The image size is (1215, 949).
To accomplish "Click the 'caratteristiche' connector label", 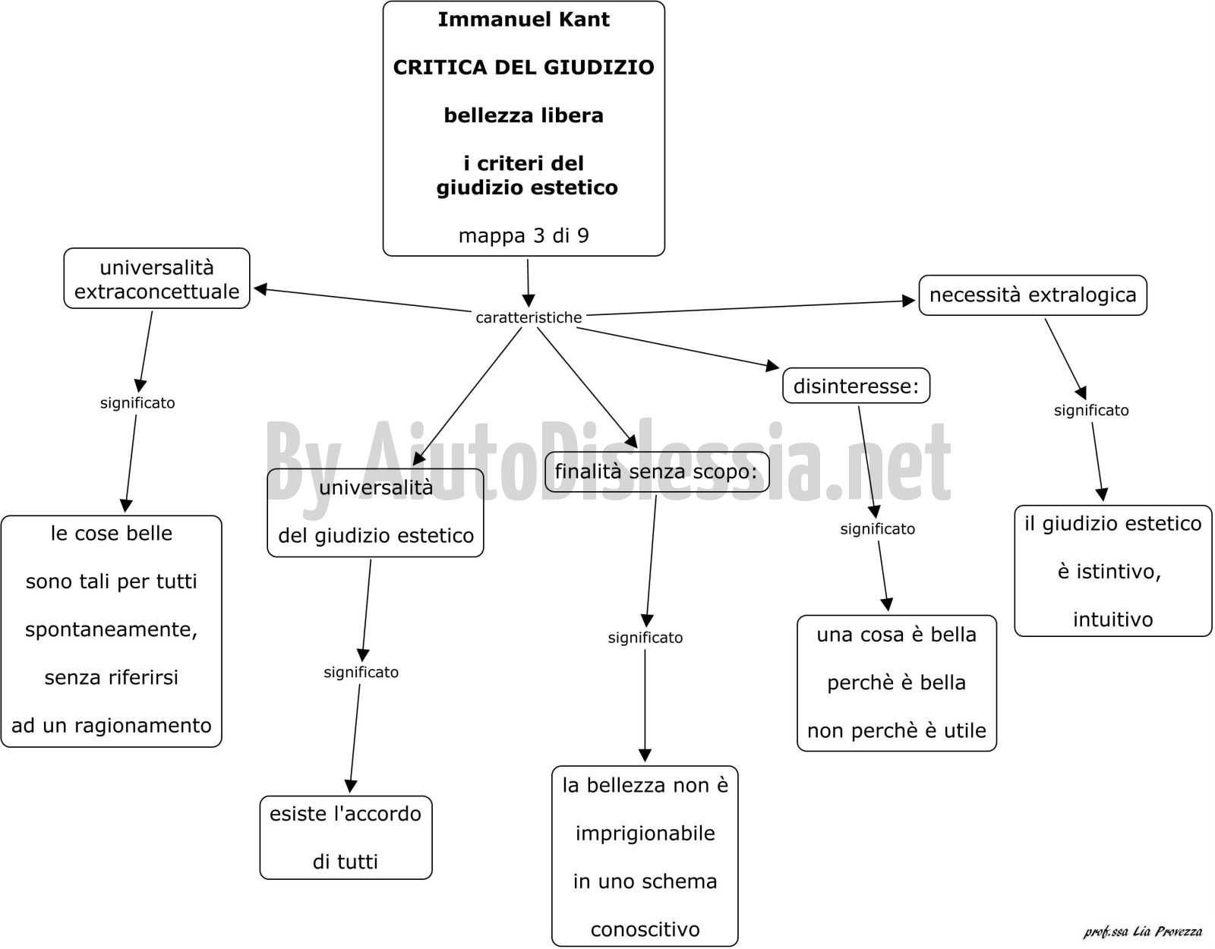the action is (x=529, y=317).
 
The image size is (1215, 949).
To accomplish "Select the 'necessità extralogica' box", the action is (x=1033, y=295).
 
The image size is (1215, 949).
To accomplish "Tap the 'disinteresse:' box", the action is (x=856, y=386).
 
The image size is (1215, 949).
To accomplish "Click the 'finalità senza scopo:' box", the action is (x=657, y=471).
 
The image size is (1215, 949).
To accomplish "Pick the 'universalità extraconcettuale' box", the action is (x=156, y=279).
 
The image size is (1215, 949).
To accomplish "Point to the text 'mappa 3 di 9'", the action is (x=523, y=236).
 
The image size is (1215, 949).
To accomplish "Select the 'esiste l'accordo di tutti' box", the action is (x=346, y=837).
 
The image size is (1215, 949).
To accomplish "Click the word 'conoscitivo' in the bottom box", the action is (x=645, y=929).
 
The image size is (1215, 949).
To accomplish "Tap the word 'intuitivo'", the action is (x=1112, y=620).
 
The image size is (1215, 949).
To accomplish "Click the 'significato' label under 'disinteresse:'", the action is (x=877, y=528).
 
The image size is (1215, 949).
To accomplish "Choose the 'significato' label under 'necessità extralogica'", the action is (x=1091, y=410).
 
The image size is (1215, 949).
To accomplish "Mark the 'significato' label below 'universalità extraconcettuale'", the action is (x=137, y=403).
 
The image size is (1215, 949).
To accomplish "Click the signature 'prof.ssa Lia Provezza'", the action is (x=1143, y=931).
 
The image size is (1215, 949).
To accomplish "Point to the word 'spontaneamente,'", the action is (x=112, y=630).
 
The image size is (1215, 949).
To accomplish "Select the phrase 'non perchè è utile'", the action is (x=896, y=730).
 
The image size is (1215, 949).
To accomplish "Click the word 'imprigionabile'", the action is (x=645, y=834).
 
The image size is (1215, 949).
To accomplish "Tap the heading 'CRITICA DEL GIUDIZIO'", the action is (x=523, y=68).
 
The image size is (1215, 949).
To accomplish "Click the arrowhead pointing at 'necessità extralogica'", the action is (x=909, y=301).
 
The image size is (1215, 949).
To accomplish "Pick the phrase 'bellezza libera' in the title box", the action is (x=523, y=115).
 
